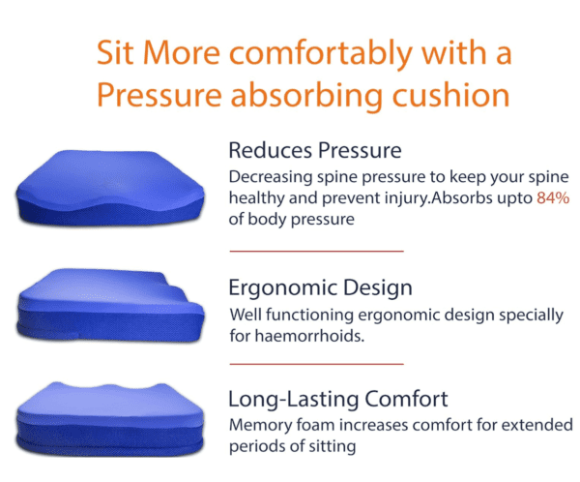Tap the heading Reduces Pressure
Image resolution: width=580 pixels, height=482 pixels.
(314, 150)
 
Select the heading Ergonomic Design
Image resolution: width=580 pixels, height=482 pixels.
(320, 287)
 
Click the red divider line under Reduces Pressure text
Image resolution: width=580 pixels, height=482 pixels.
(315, 251)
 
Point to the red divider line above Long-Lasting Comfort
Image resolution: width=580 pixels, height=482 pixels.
(315, 364)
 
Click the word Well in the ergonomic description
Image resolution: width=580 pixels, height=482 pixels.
(246, 316)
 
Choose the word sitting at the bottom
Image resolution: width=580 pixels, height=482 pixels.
(332, 446)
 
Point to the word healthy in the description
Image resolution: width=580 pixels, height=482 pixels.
(255, 198)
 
